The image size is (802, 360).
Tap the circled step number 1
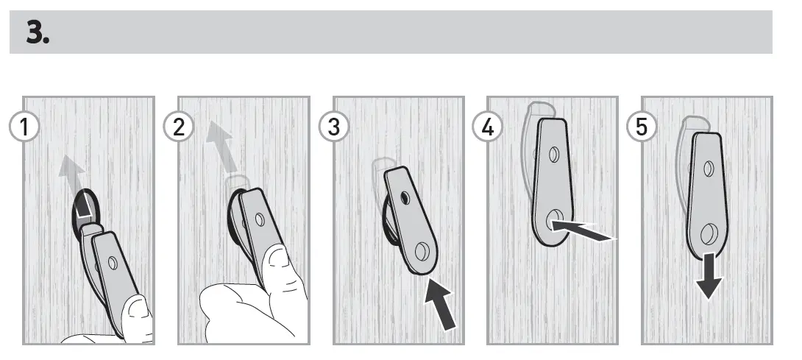point(26,127)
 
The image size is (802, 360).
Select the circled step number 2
point(178,127)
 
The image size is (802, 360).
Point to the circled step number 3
point(335,127)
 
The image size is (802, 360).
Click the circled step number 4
point(487,127)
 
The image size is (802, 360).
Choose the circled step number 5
point(642,127)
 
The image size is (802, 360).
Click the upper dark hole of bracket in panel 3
point(404,199)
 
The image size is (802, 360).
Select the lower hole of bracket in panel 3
point(422,252)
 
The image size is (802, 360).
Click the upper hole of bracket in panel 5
point(709,169)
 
